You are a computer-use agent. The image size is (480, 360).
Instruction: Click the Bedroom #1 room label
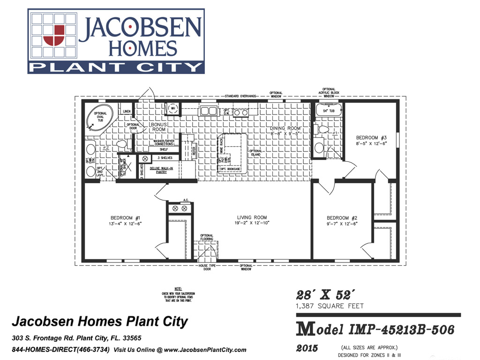(126, 218)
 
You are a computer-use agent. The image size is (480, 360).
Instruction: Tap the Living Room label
(252, 217)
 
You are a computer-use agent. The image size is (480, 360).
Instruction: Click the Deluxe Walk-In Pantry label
(162, 170)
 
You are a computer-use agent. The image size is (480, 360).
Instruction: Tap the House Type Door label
(207, 268)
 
